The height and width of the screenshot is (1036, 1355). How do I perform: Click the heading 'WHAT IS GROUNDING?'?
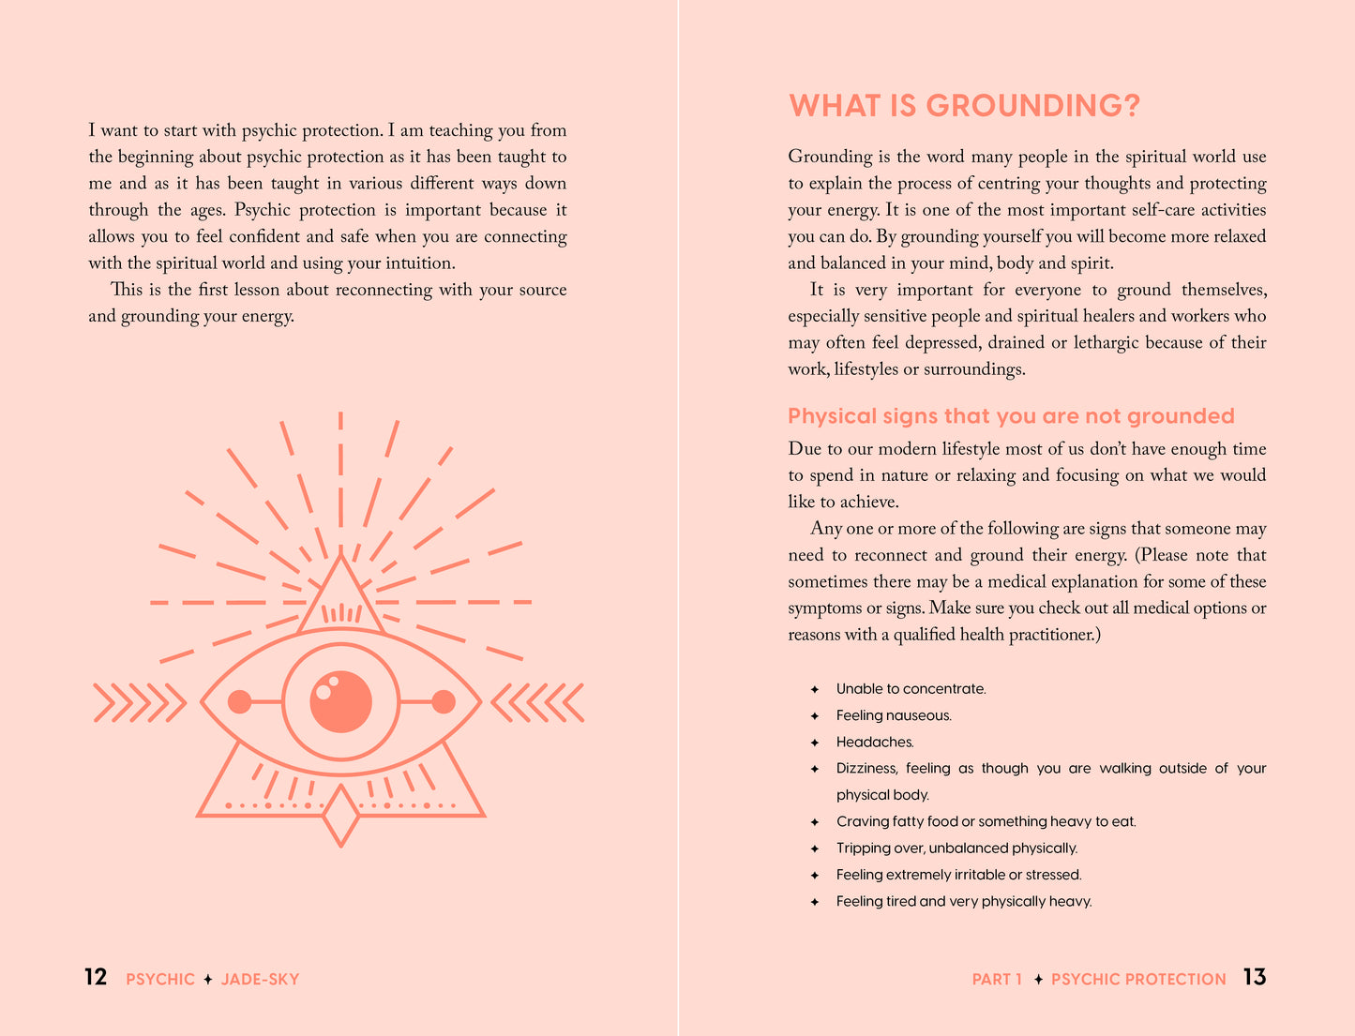tap(964, 106)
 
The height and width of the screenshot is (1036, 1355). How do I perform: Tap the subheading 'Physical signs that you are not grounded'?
tap(1011, 416)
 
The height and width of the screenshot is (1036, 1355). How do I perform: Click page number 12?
tap(96, 978)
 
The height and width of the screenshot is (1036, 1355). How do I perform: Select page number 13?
tap(1254, 978)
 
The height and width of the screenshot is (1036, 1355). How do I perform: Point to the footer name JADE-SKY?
tap(260, 980)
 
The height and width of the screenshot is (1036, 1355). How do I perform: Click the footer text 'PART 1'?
tap(997, 980)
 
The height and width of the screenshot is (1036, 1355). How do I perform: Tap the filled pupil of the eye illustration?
tap(340, 701)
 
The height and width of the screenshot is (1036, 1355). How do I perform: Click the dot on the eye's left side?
tap(239, 701)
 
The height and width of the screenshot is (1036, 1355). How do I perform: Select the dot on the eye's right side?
tap(444, 701)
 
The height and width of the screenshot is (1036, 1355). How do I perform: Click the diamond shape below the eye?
tap(340, 815)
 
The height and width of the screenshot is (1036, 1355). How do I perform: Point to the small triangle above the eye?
tap(340, 600)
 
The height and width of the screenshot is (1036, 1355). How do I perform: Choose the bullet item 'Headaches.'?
tap(874, 743)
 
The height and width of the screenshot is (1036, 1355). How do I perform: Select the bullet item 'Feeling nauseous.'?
tap(894, 716)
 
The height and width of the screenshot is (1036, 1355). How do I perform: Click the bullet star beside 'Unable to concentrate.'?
tap(815, 689)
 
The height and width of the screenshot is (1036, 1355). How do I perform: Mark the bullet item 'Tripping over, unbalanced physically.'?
tap(956, 848)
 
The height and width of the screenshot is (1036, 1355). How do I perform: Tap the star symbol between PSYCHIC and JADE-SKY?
tap(208, 980)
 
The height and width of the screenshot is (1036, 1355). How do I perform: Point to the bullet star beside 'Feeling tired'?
tap(815, 902)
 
